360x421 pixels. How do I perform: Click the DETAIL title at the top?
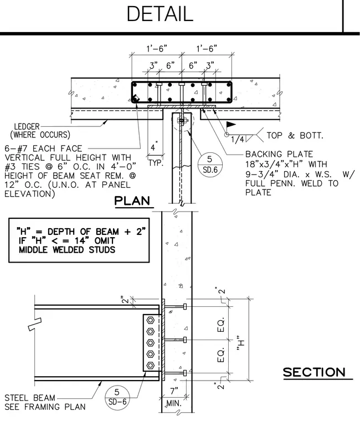[x=160, y=14]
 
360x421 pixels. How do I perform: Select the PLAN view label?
[x=132, y=201]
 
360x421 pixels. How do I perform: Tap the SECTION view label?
[x=314, y=372]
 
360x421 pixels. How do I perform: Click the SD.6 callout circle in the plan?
[x=210, y=165]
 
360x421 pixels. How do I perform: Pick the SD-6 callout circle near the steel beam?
[x=117, y=397]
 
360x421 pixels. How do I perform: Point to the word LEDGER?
[x=27, y=126]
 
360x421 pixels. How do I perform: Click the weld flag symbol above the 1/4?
[x=231, y=125]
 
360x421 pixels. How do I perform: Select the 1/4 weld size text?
[x=238, y=140]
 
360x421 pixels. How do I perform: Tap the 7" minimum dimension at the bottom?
[x=174, y=391]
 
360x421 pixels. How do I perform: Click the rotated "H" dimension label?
[x=241, y=343]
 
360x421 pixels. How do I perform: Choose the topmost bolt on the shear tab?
[x=150, y=320]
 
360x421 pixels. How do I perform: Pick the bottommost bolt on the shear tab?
[x=150, y=366]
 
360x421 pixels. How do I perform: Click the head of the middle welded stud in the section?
[x=185, y=340]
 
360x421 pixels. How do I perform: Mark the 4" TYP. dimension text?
[x=155, y=155]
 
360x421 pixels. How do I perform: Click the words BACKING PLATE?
[x=279, y=154]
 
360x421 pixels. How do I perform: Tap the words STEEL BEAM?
[x=30, y=398]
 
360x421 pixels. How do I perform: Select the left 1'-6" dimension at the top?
[x=157, y=49]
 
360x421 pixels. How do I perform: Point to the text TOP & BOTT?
[x=295, y=135]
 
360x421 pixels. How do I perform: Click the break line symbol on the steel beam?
[x=35, y=324]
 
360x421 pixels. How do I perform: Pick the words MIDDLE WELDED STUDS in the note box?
[x=67, y=250]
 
